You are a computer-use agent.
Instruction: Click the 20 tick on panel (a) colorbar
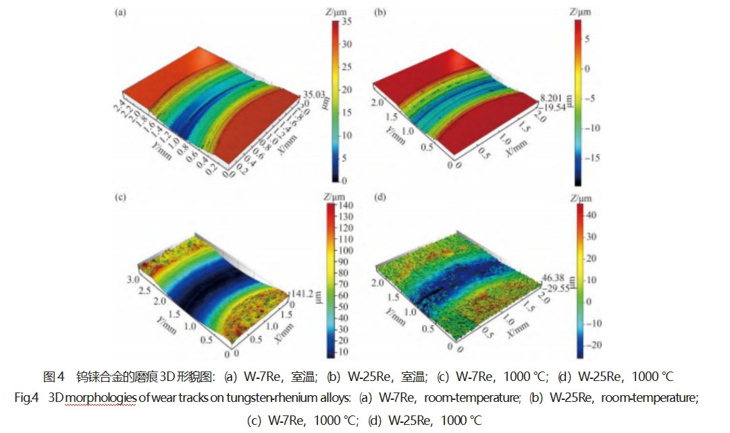[x=347, y=89]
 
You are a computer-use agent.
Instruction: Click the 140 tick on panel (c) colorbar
[x=350, y=205]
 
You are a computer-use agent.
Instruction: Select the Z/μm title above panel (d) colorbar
[x=579, y=198]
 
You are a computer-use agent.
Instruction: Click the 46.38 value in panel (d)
[x=552, y=278]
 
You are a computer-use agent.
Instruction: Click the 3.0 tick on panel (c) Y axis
[x=133, y=278]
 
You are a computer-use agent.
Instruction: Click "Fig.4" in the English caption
[x=25, y=397]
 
